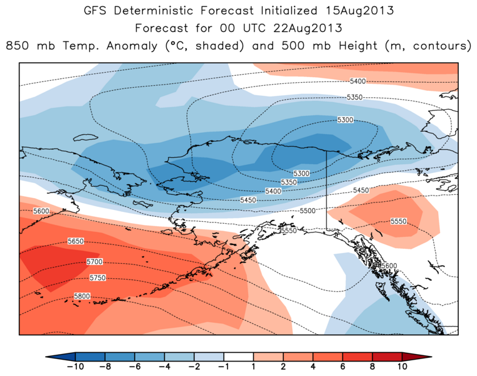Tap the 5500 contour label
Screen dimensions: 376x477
coord(307,211)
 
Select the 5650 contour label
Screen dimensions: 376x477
coord(75,241)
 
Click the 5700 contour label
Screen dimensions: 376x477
coord(93,261)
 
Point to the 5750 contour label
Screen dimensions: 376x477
coord(98,277)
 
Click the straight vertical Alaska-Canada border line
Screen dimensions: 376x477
coord(326,188)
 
